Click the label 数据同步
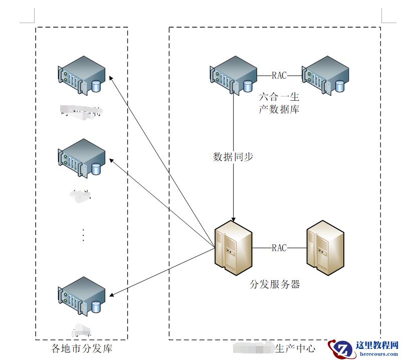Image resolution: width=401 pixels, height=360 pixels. (234, 157)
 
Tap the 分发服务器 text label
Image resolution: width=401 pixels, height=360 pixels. (275, 284)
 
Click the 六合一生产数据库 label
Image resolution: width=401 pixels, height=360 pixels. (279, 103)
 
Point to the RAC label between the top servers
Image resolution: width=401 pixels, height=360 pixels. (279, 76)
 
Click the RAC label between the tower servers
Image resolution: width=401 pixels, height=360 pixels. (279, 248)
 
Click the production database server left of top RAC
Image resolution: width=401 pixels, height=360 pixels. (233, 75)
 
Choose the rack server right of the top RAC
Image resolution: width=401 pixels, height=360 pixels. (325, 75)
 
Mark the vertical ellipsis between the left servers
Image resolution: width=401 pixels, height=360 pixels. (83, 235)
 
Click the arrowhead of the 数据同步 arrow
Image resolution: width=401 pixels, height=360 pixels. (234, 218)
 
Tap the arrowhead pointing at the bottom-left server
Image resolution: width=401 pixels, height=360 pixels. (112, 296)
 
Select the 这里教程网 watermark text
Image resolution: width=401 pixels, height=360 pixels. (376, 346)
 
